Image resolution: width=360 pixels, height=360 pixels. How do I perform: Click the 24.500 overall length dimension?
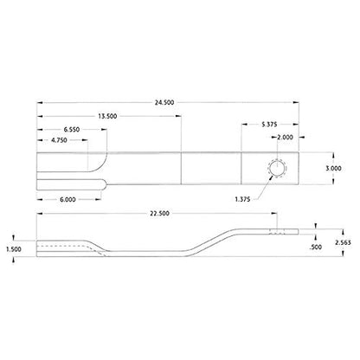164,102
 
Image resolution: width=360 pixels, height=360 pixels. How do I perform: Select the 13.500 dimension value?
107,116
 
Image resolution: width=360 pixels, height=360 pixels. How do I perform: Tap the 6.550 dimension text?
72,130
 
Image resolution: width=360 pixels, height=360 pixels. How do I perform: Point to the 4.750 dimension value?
59,140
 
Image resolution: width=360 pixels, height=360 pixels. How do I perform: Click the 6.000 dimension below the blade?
67,199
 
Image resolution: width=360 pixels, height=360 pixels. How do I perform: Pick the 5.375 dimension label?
269,125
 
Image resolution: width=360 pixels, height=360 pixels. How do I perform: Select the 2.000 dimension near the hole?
285,138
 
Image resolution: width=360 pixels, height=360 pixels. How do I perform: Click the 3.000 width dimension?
333,168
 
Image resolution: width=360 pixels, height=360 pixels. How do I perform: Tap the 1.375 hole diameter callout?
242,199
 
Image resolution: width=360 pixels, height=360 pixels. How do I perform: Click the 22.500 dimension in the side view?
159,214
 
